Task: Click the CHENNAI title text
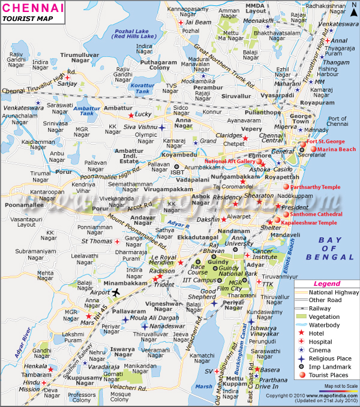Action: coord(32,8)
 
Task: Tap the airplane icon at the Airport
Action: coord(116,292)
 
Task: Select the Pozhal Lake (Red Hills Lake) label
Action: coord(131,34)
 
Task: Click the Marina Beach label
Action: coord(337,149)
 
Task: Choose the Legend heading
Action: coord(326,284)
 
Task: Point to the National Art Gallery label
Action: coord(230,161)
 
